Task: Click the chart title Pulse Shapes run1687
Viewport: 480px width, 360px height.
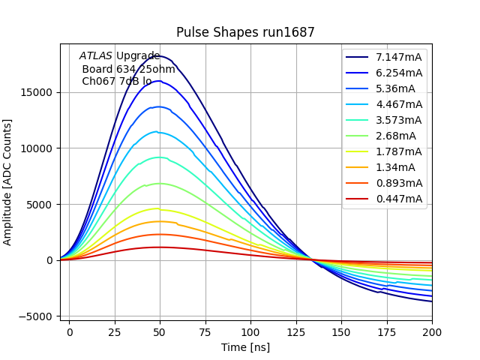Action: pos(245,32)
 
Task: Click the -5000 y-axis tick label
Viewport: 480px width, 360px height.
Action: pos(35,316)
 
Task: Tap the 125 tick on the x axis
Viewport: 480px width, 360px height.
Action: pos(296,331)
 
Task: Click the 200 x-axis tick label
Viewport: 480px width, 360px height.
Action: pos(432,331)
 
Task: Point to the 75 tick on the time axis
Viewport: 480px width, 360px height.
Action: pos(205,331)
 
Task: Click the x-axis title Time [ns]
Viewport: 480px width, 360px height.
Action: pos(245,347)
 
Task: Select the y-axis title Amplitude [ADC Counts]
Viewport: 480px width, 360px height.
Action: pos(8,181)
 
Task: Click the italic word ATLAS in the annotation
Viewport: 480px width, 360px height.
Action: pos(96,55)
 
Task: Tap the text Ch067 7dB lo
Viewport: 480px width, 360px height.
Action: pos(116,81)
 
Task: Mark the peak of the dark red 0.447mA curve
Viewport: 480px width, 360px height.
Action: pos(159,247)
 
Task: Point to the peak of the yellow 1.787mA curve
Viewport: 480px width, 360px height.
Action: pos(157,208)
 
